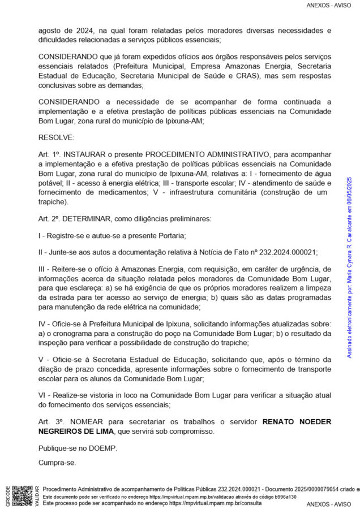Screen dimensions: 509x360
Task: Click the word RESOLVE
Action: pyautogui.click(x=56, y=137)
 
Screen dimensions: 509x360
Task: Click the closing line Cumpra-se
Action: pyautogui.click(x=57, y=463)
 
